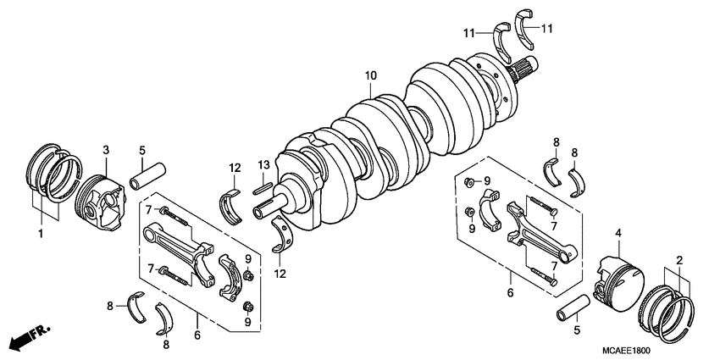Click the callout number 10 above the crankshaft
(370, 76)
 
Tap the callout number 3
(106, 150)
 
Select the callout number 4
(619, 233)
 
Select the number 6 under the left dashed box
(198, 336)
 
